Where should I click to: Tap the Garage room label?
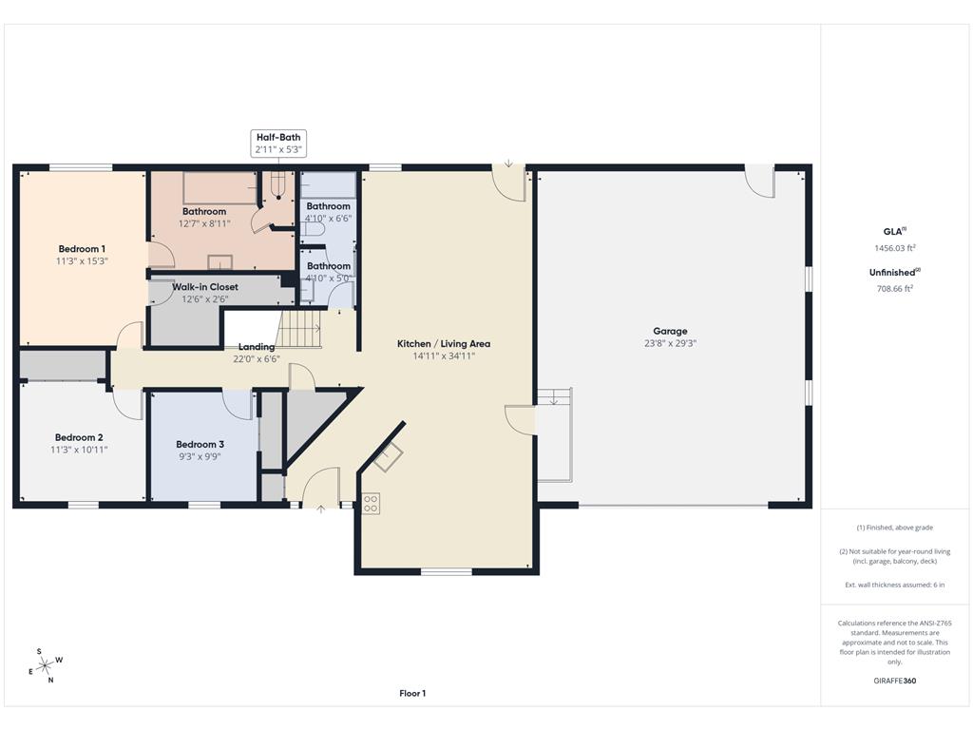[670, 331]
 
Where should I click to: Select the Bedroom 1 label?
[82, 249]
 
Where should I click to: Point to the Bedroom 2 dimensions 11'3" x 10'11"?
[79, 450]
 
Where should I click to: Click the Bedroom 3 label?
[200, 445]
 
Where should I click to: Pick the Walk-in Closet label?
[205, 287]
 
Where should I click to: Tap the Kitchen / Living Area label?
[444, 344]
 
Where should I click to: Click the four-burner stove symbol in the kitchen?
[371, 504]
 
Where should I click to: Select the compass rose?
[46, 666]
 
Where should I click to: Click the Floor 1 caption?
[412, 693]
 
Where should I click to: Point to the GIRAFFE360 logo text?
[895, 681]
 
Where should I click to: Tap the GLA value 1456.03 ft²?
[895, 248]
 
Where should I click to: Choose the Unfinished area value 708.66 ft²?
[895, 289]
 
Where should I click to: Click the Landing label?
[257, 347]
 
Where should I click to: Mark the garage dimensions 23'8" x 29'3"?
[670, 343]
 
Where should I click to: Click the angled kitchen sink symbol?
[388, 458]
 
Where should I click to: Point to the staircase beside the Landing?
[298, 329]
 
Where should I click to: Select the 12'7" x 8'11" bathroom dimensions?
[204, 223]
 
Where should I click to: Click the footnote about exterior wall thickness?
[895, 585]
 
